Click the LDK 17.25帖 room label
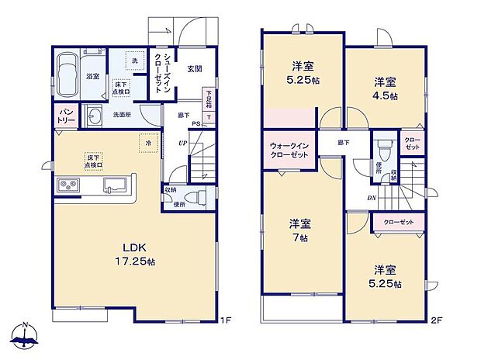(x=133, y=256)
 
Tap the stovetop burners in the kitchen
(x=67, y=185)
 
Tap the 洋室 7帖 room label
(x=300, y=230)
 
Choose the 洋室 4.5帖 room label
(x=385, y=88)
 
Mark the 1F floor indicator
(x=224, y=319)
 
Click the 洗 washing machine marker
(x=134, y=61)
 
